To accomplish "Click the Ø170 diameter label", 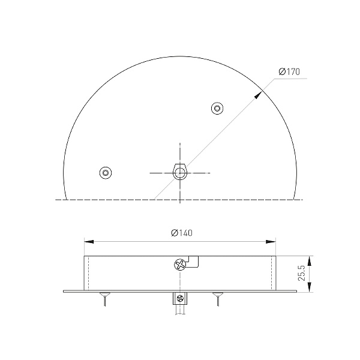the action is (x=289, y=71).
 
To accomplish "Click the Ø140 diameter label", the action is (x=182, y=233).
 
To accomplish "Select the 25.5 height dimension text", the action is (x=302, y=273).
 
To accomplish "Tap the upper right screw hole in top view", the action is (x=217, y=108).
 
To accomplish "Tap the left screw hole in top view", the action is (x=106, y=172).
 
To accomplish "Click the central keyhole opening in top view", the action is (x=180, y=172).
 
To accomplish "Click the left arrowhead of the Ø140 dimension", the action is (x=89, y=242).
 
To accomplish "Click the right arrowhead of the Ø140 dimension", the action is (x=271, y=242).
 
